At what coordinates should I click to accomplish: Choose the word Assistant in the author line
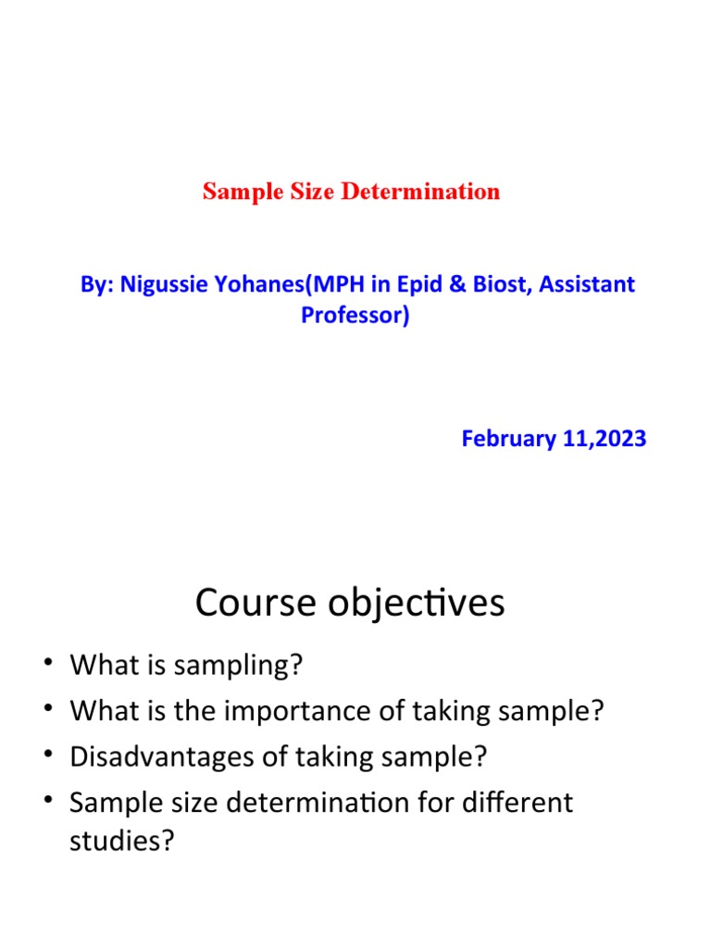pyautogui.click(x=588, y=284)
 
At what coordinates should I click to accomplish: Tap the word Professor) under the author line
pyautogui.click(x=355, y=315)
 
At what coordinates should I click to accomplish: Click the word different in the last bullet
pyautogui.click(x=518, y=802)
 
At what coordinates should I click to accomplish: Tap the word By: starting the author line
pyautogui.click(x=96, y=284)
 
